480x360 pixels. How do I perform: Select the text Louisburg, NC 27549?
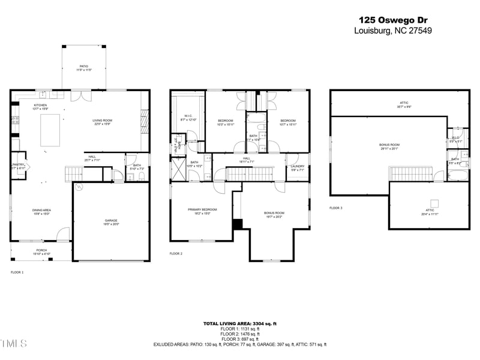tap(393, 31)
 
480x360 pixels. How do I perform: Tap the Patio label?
tap(84, 68)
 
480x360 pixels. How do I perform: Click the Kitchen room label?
tap(40, 107)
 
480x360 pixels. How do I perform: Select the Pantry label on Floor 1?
tap(19, 166)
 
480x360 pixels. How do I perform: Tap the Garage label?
tap(112, 222)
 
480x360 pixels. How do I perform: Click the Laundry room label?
tap(298, 168)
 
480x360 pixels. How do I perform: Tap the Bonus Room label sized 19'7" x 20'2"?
tap(274, 215)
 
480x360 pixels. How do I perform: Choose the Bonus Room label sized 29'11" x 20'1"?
tap(389, 146)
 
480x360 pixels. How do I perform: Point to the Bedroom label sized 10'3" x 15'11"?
tap(225, 122)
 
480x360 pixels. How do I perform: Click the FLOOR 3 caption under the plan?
tap(335, 208)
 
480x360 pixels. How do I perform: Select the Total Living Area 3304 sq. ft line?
tap(240, 324)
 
